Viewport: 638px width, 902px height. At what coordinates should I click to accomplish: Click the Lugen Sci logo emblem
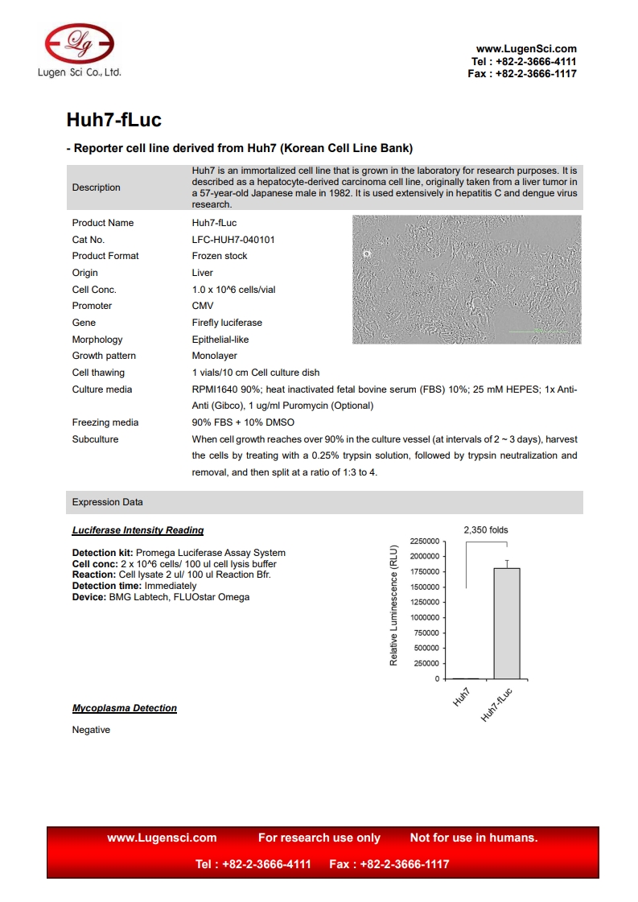(x=79, y=43)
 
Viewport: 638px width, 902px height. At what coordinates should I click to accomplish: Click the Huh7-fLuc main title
(x=113, y=120)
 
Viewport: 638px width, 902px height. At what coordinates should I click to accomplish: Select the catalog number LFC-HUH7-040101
(x=233, y=239)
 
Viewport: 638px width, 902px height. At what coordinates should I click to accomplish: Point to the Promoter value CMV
(x=203, y=306)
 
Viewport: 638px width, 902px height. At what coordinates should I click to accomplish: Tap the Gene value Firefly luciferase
(x=227, y=323)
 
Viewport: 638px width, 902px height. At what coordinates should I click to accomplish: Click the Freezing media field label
(x=105, y=422)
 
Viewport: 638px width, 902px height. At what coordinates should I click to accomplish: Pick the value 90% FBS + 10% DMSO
(x=243, y=422)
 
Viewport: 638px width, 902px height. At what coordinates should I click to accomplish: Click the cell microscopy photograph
(x=467, y=279)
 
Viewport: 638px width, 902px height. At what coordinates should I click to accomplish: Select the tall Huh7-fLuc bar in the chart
(x=506, y=623)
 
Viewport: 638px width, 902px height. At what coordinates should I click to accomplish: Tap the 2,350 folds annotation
(x=486, y=529)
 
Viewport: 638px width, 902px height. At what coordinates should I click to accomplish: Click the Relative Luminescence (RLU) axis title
(x=394, y=603)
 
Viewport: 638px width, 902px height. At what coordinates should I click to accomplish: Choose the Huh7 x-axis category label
(x=462, y=697)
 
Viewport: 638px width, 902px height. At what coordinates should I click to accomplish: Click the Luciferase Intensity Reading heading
(x=138, y=530)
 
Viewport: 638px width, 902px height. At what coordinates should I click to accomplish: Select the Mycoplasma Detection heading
(x=125, y=708)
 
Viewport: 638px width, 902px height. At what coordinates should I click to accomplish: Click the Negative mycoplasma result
(x=91, y=730)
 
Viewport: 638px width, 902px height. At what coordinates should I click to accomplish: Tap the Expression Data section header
(x=108, y=502)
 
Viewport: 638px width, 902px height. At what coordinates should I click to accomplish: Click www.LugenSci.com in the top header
(x=526, y=49)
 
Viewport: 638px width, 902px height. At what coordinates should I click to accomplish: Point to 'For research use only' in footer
(x=319, y=838)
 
